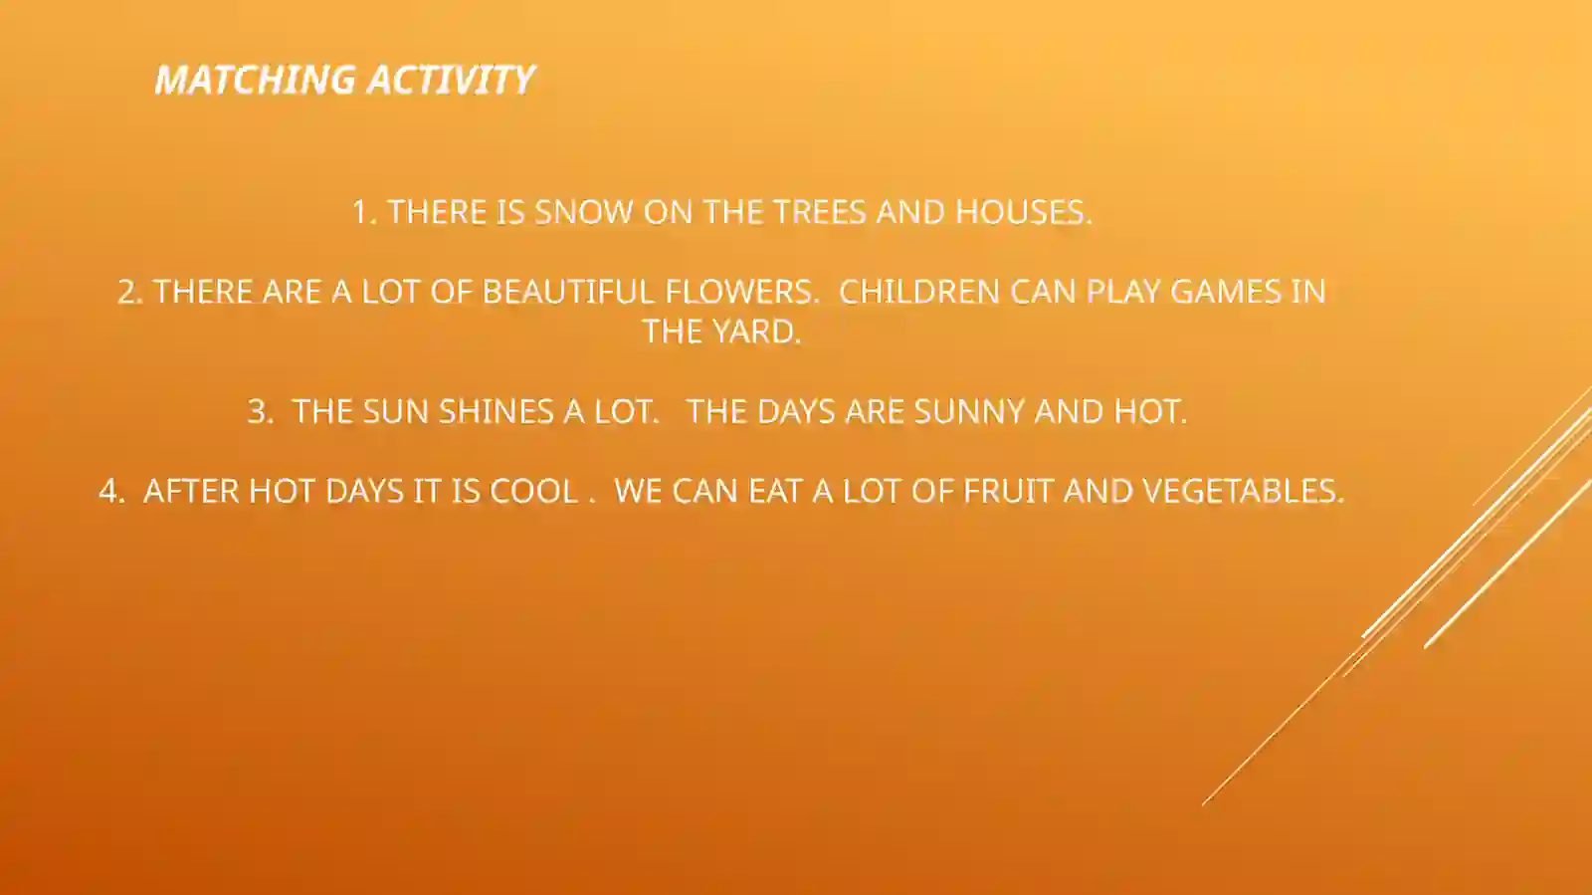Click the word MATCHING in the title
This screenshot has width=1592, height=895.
(255, 80)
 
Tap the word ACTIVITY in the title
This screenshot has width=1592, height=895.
(451, 80)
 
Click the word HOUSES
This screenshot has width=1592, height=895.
(1023, 212)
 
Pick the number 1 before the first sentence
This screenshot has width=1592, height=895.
(361, 212)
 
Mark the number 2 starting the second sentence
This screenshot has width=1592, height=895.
(127, 292)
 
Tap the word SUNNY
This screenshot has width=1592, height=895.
(969, 411)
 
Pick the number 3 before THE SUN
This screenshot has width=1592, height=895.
(258, 411)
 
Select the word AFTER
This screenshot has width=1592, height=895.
(191, 491)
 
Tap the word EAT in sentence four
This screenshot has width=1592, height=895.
(775, 491)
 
